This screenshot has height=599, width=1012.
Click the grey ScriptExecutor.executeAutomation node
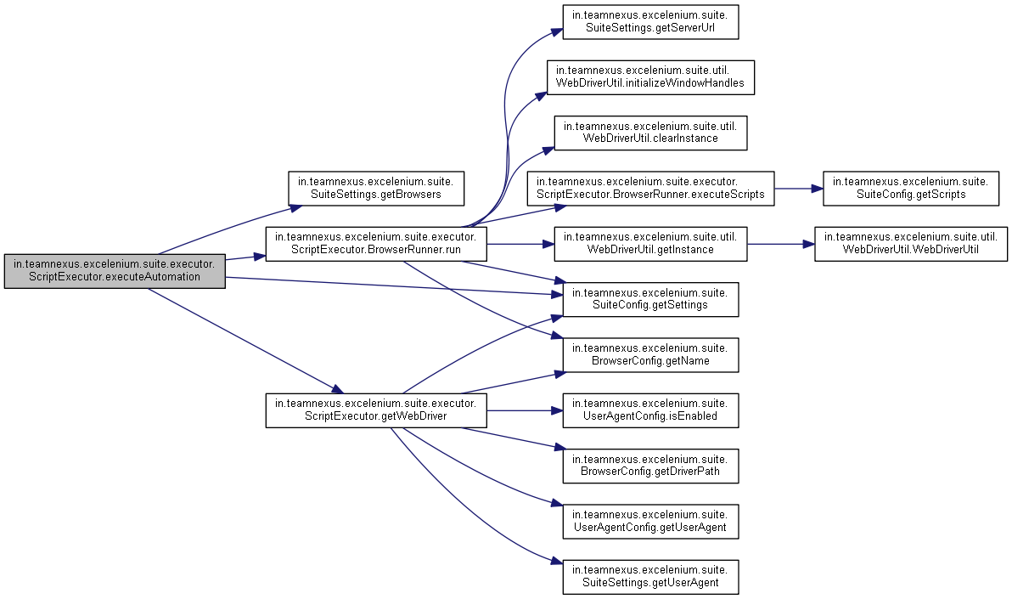point(115,270)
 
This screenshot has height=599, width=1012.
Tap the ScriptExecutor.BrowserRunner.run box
point(376,244)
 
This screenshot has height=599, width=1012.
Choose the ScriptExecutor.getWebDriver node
point(376,410)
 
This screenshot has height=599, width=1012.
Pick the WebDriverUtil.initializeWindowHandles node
point(650,76)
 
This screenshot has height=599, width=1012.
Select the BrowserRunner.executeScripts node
point(650,188)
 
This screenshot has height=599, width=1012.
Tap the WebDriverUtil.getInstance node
point(650,244)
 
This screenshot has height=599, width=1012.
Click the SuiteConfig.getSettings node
point(650,299)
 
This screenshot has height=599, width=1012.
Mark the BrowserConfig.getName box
point(650,354)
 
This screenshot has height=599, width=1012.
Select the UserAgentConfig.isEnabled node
point(650,410)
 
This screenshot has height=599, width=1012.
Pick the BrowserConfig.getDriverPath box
point(650,465)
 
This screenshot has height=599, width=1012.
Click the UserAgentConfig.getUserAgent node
point(650,520)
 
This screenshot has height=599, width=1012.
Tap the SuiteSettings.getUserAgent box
point(650,576)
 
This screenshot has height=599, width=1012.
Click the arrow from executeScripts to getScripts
point(798,188)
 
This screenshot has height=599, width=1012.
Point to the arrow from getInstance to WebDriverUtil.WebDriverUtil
point(781,244)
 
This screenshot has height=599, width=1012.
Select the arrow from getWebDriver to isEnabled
point(520,410)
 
